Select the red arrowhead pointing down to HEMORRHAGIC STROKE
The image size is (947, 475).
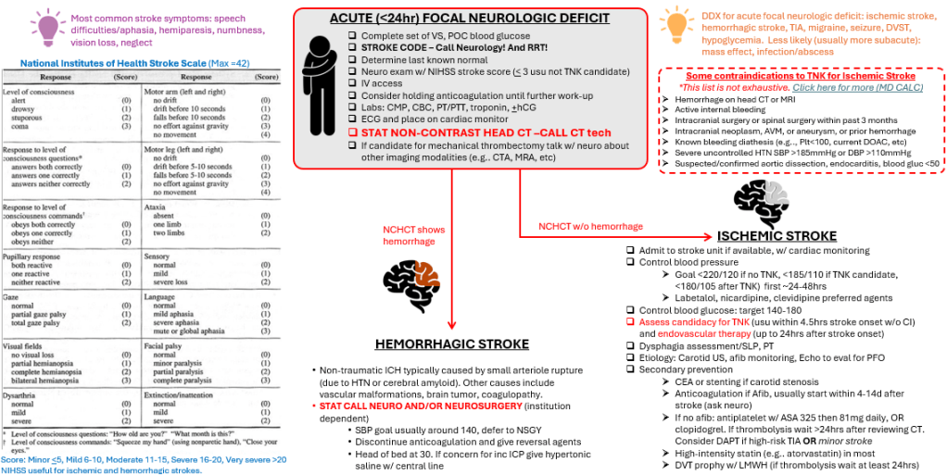click(x=449, y=325)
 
